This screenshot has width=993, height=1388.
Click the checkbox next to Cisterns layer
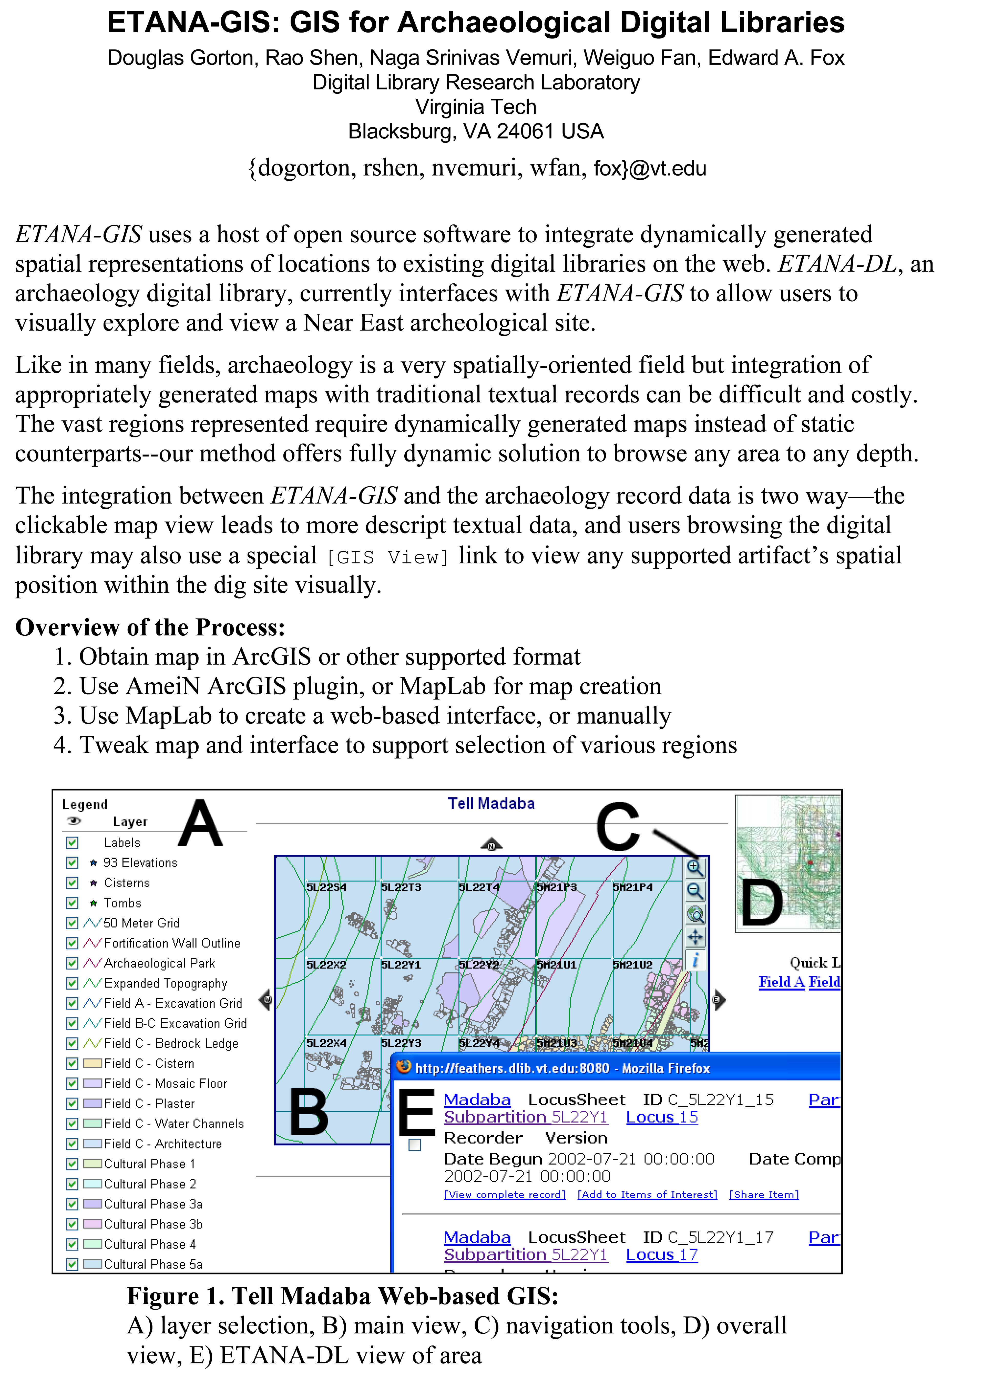(x=72, y=883)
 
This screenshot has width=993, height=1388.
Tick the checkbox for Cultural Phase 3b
(x=72, y=1224)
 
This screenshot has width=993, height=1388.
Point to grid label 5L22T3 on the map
(x=401, y=887)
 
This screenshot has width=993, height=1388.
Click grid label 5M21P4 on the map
(x=633, y=887)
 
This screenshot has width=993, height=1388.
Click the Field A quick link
(x=781, y=982)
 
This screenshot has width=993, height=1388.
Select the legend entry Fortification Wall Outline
(x=172, y=943)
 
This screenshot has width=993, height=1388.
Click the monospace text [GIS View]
(x=388, y=557)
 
